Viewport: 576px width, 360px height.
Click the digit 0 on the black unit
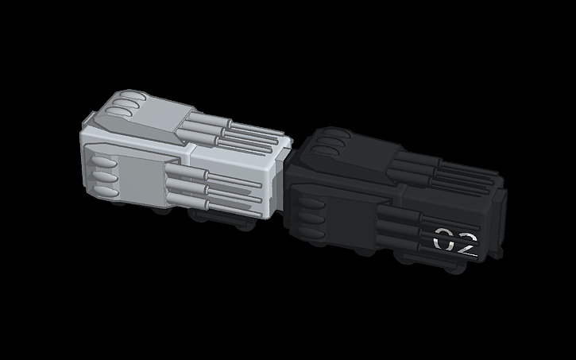(443, 238)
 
